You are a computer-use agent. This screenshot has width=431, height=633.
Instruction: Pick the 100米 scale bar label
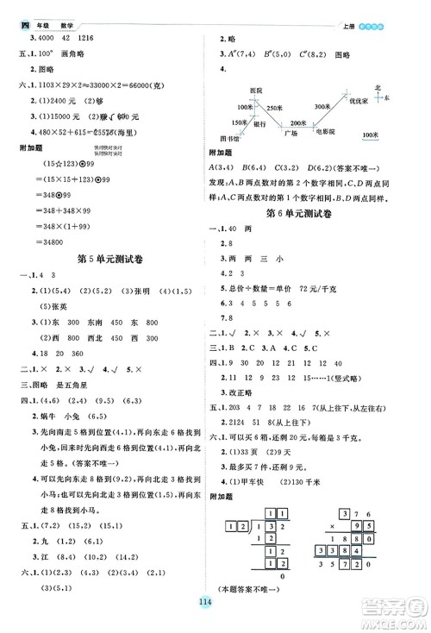371,135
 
